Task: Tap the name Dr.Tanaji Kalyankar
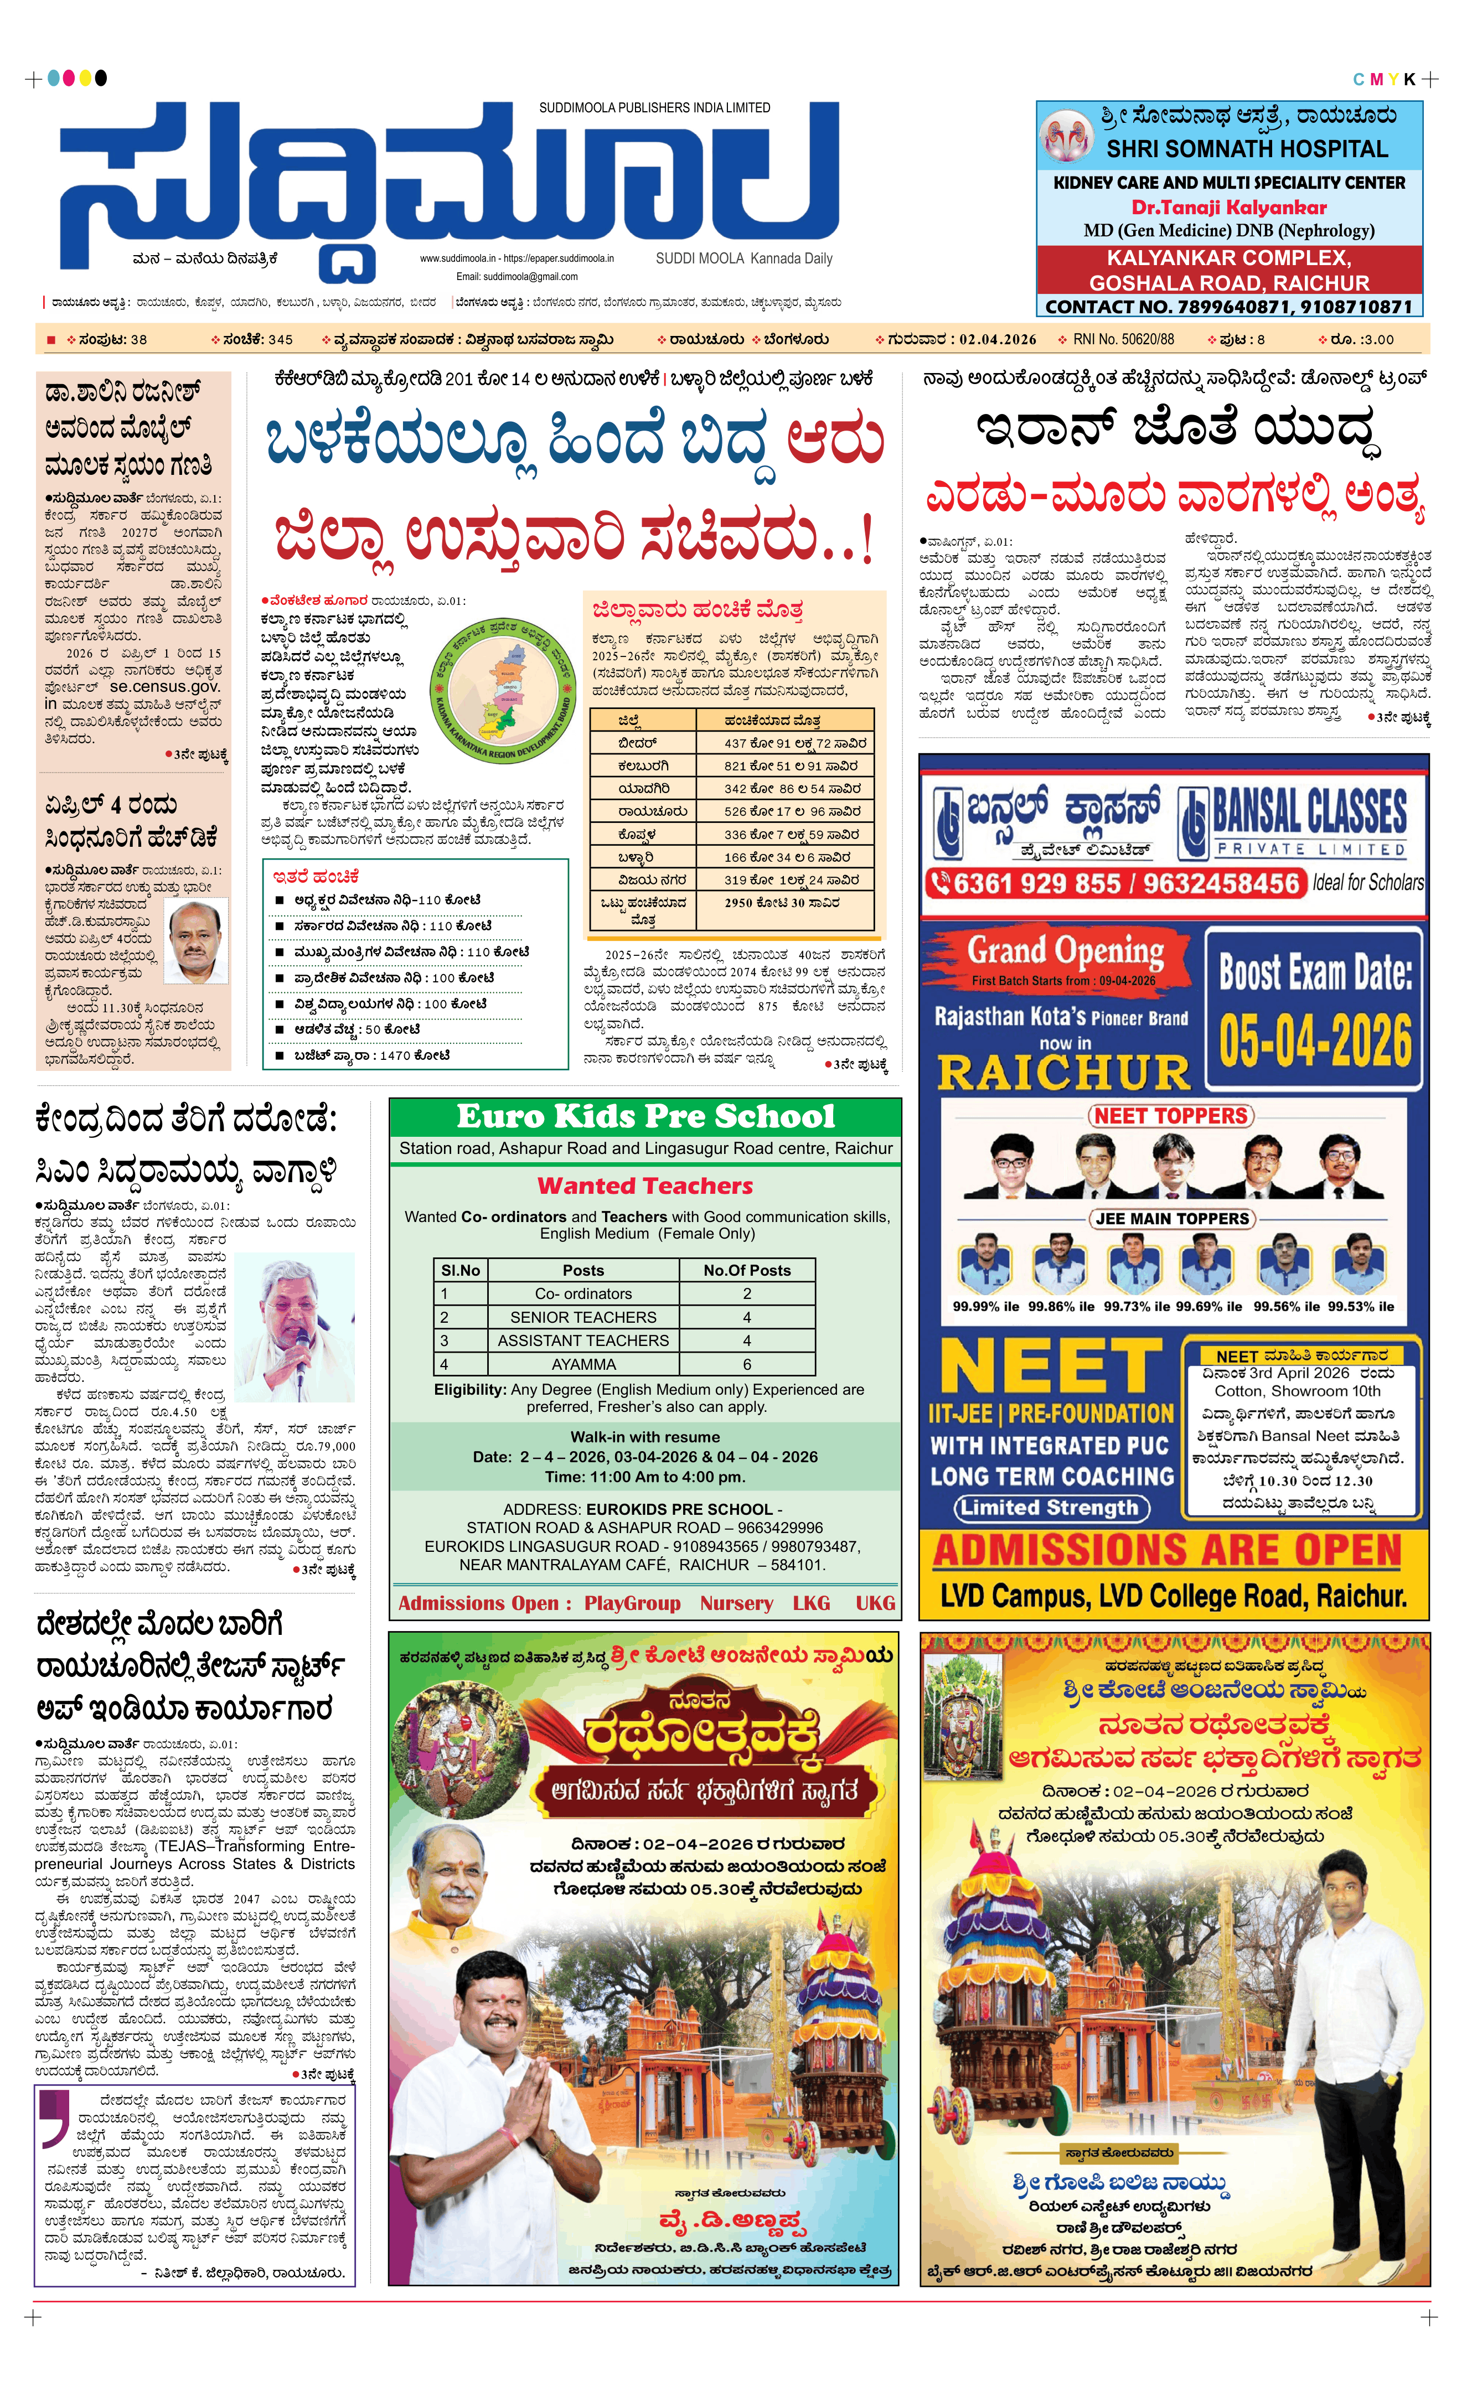(1228, 207)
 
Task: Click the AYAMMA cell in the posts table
(583, 1364)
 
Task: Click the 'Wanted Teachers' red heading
(645, 1186)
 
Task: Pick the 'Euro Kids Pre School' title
(645, 1116)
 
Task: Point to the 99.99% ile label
(985, 1307)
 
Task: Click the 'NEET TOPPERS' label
(1170, 1116)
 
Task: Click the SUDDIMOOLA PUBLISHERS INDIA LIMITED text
(655, 108)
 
